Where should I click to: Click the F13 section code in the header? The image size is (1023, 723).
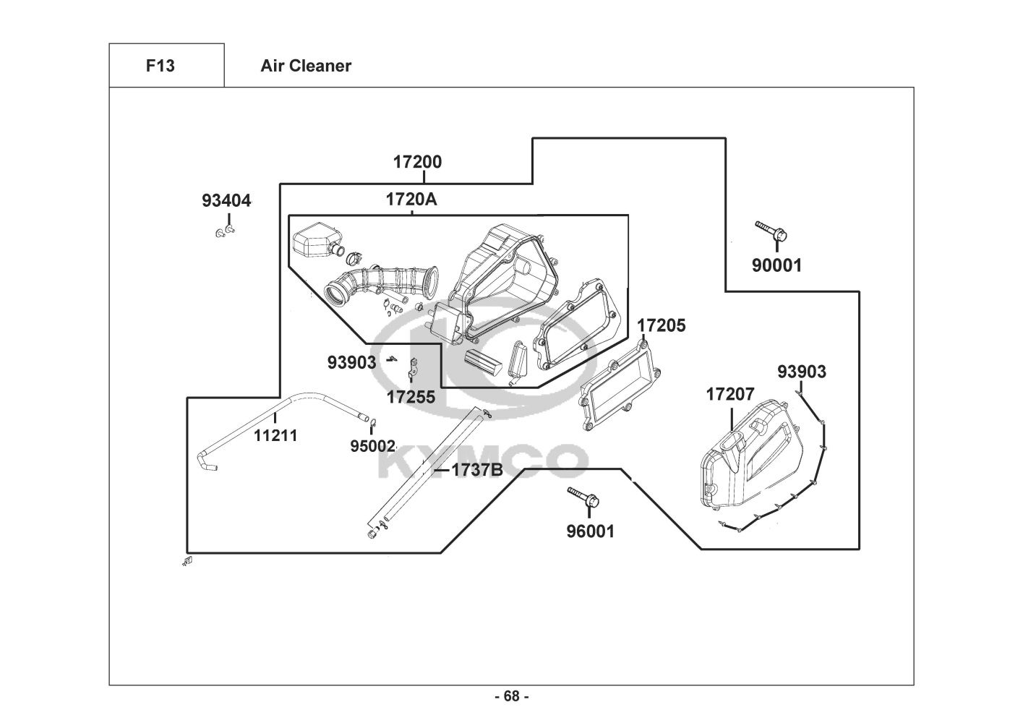click(x=160, y=66)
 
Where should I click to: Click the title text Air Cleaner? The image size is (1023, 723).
click(x=306, y=66)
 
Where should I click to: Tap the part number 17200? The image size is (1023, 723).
click(x=417, y=162)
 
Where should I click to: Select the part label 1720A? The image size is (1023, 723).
click(x=411, y=200)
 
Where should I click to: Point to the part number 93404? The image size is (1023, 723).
click(x=226, y=200)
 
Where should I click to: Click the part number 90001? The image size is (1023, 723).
click(x=776, y=265)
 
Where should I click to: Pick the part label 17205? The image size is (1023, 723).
click(x=661, y=325)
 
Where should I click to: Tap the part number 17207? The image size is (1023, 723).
click(x=729, y=394)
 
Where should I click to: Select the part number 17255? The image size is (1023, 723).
click(x=411, y=396)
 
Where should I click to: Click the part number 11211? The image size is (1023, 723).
click(x=275, y=435)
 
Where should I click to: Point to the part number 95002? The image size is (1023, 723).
click(x=372, y=446)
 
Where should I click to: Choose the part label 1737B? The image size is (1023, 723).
click(x=476, y=470)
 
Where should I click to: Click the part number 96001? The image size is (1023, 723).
click(x=590, y=531)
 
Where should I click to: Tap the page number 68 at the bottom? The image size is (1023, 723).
click(x=511, y=696)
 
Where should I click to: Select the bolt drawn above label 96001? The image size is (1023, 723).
click(x=582, y=496)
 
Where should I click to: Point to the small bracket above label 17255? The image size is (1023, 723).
click(x=413, y=367)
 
